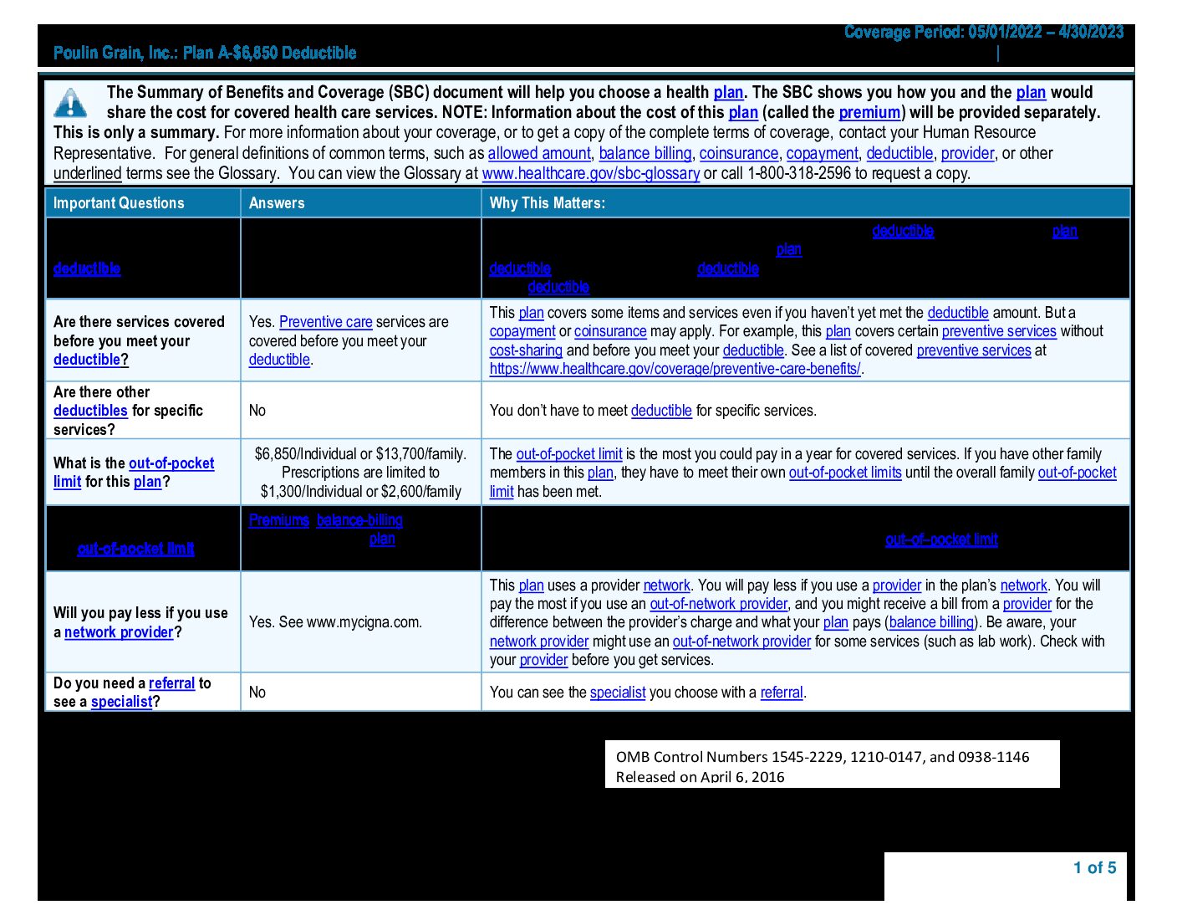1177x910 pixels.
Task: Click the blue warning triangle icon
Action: click(70, 103)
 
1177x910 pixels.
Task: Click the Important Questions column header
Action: click(119, 203)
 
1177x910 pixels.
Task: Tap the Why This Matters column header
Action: click(548, 203)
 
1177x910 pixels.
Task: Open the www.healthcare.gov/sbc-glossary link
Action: click(590, 174)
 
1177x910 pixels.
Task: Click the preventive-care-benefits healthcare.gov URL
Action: click(675, 369)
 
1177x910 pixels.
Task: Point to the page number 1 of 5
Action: click(1094, 868)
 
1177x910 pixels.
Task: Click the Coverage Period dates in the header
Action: click(984, 33)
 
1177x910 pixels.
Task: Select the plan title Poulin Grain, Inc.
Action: click(205, 54)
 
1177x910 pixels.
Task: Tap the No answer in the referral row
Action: click(257, 693)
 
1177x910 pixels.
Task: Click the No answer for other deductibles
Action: click(257, 411)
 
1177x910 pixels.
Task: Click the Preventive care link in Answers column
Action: click(325, 322)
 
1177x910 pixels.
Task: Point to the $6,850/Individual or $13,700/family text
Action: click(360, 454)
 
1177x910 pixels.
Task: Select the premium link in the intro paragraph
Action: click(869, 113)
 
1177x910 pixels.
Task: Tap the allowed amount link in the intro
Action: click(539, 154)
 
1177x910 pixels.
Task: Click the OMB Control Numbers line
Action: click(823, 757)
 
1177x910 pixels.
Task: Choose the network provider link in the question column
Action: click(119, 632)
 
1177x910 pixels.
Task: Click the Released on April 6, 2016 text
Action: click(701, 777)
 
